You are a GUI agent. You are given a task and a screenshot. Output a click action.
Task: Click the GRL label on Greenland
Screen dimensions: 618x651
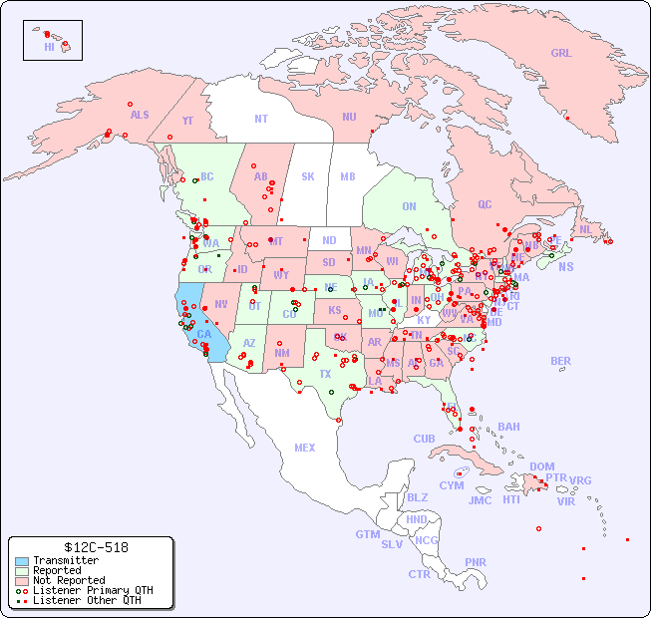coord(561,53)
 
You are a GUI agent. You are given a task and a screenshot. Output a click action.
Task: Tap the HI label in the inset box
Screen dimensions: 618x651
coord(49,47)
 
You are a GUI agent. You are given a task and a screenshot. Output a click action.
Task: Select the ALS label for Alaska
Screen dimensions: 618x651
coord(140,115)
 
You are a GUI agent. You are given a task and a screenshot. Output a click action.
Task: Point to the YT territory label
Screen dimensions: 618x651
coord(187,120)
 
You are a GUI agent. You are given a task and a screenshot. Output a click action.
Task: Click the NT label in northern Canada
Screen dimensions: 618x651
coord(260,118)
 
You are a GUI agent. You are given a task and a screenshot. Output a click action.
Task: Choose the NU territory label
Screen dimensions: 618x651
coord(349,117)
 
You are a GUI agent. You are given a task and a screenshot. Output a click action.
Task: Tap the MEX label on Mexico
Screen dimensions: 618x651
coord(305,448)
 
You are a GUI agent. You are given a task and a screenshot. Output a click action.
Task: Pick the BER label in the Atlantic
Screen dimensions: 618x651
coord(560,361)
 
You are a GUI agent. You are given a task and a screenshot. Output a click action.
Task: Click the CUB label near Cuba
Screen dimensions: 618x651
coord(424,439)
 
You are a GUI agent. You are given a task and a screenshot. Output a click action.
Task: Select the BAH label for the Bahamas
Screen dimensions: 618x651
coord(508,427)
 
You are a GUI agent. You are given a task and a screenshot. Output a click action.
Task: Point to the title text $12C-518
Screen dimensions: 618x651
coord(91,547)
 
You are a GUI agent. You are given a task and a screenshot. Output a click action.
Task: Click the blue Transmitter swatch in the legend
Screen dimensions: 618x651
coord(22,561)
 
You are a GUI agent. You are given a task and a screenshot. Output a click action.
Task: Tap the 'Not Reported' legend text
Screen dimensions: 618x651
coord(68,580)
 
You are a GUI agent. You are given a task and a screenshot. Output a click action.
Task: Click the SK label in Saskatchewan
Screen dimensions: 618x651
coord(308,176)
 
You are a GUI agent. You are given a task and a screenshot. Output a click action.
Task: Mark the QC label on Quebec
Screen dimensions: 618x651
coord(485,204)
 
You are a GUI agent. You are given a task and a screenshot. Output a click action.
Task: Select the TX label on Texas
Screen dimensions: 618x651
coord(325,374)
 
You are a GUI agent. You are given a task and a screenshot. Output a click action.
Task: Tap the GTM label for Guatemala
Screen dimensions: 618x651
coord(367,534)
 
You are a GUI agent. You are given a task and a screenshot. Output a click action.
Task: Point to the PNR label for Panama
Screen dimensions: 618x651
coord(476,562)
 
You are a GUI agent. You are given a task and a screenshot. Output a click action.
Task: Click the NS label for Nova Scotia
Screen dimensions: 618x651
coord(565,266)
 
